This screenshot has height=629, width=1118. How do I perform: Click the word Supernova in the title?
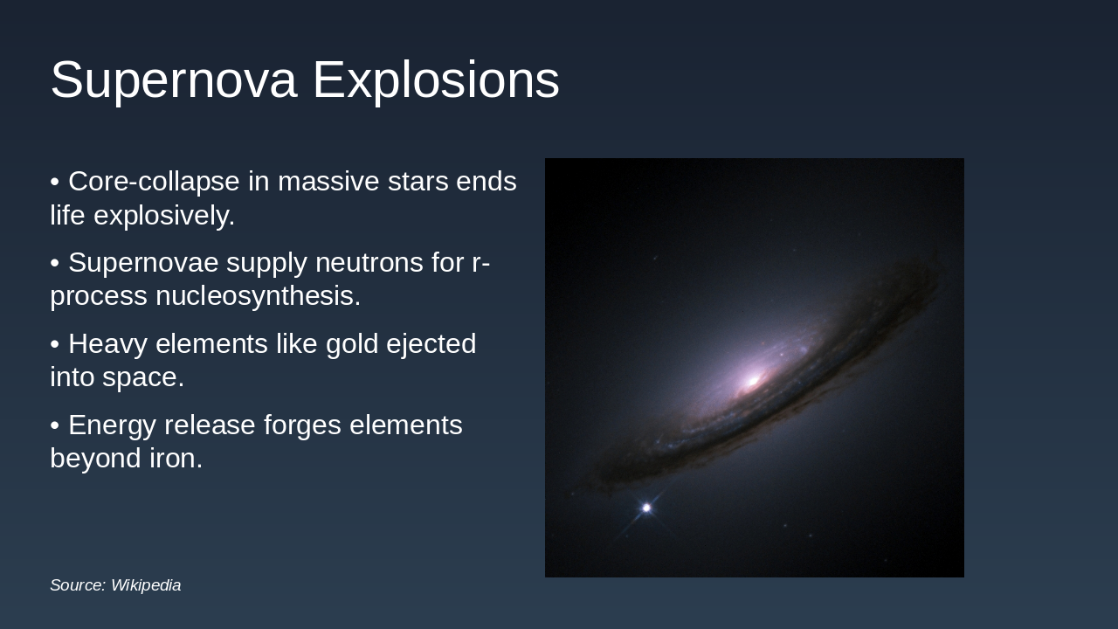pos(174,80)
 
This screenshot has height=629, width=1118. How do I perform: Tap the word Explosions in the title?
pos(436,79)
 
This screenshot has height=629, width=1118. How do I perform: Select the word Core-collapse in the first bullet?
pos(154,181)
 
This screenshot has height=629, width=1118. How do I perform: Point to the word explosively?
pos(164,216)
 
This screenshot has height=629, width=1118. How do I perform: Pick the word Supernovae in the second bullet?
pos(143,263)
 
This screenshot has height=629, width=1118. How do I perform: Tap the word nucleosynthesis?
pos(258,296)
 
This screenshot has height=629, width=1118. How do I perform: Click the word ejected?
pos(431,344)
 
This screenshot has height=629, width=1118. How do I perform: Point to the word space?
pos(143,378)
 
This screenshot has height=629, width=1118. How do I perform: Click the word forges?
pos(302,425)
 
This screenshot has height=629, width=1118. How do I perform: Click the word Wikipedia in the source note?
pos(146,585)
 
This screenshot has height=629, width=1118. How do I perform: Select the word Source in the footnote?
pos(78,585)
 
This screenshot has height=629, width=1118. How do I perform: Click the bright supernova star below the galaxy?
pos(646,508)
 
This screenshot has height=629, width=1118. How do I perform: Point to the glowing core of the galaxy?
pos(752,382)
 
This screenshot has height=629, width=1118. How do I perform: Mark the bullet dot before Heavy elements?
pos(55,344)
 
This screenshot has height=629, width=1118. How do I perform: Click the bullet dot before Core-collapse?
pos(55,182)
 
